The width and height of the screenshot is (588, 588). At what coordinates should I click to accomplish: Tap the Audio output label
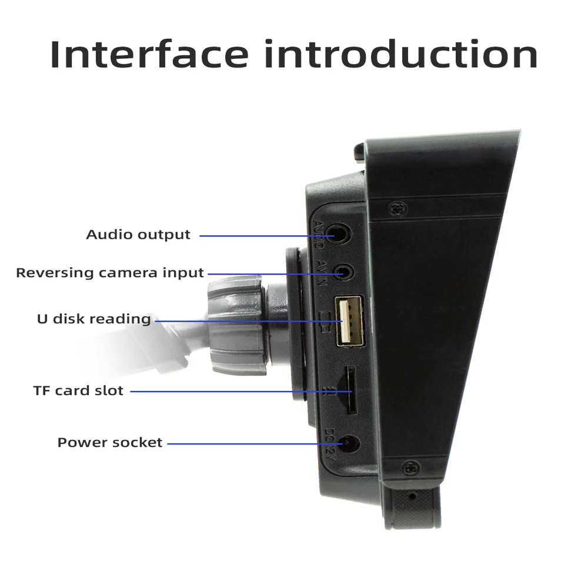click(x=138, y=235)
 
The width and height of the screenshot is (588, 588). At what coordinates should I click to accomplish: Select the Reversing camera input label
click(x=110, y=273)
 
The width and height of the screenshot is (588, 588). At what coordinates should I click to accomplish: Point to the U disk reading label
click(x=94, y=319)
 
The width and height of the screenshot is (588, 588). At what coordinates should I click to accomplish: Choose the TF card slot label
click(x=78, y=390)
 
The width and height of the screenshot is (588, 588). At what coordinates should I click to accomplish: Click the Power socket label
click(x=110, y=443)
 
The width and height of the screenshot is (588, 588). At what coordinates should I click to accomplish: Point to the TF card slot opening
click(x=349, y=389)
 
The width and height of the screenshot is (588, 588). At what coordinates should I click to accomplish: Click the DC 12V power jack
click(x=351, y=443)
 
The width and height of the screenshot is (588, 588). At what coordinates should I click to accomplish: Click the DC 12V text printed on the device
click(x=329, y=442)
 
